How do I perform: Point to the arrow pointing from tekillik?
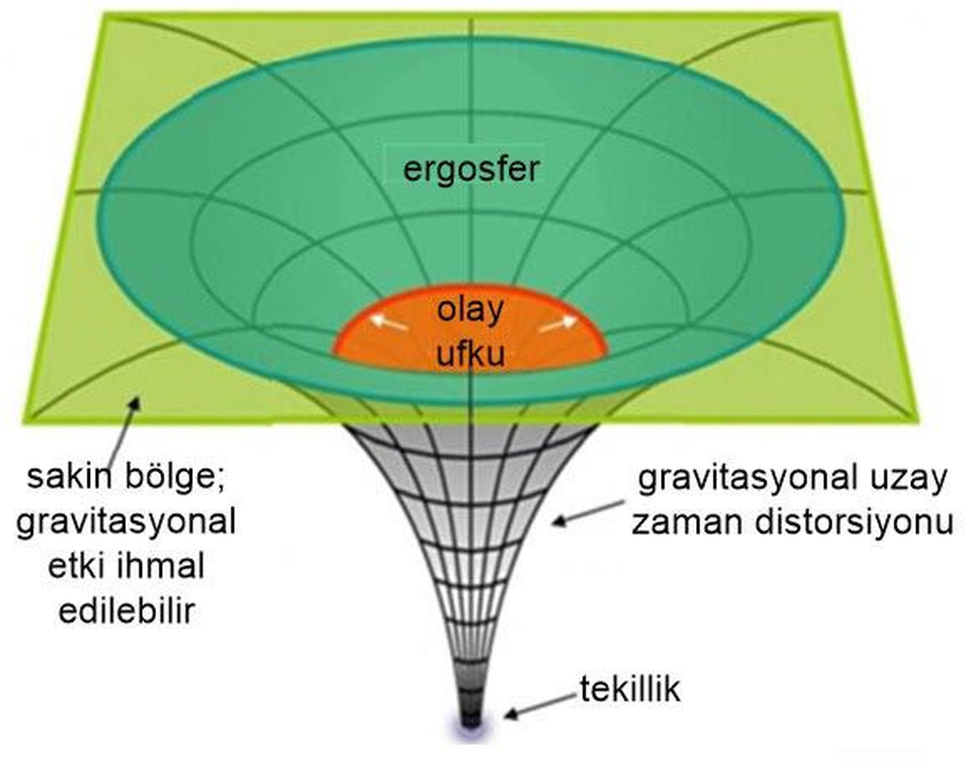[541, 706]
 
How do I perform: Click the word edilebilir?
[127, 611]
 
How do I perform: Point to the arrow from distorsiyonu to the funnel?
[588, 513]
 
